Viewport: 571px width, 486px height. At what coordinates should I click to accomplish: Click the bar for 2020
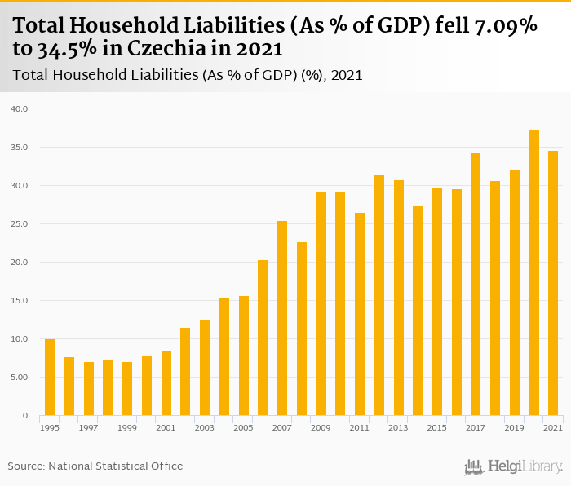(534, 273)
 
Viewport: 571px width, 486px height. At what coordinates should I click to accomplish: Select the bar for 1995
(50, 378)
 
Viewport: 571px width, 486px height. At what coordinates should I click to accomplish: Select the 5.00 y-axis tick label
(19, 378)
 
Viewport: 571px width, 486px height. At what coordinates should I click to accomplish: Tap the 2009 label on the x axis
(321, 427)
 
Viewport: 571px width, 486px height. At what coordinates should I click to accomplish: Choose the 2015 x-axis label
(437, 427)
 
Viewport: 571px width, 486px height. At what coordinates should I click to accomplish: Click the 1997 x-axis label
(88, 427)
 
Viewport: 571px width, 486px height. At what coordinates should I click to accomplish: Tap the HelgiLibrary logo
(514, 466)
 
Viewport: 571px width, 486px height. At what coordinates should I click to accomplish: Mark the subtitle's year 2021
(346, 75)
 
